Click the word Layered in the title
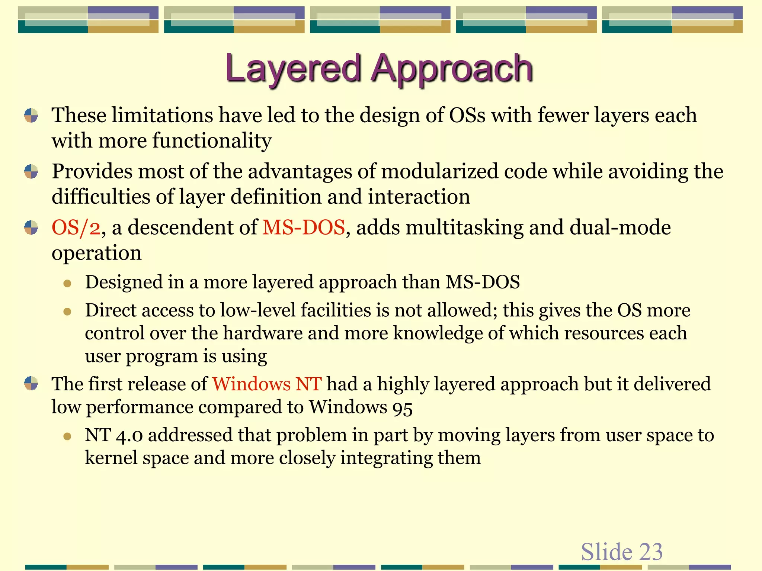point(293,69)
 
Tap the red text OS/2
point(76,228)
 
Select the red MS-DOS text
point(304,228)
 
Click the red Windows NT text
point(267,384)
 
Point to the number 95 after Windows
point(402,408)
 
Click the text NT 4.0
point(113,435)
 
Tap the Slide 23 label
point(622,551)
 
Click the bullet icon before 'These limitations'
point(31,115)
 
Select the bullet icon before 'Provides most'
point(31,171)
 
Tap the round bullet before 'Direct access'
point(67,312)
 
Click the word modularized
point(439,171)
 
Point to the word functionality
point(212,141)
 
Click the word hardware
point(263,333)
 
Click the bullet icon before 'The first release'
point(31,383)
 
